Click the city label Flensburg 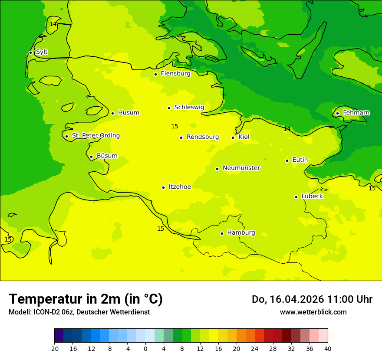pos(175,74)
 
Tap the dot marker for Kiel pos(233,137)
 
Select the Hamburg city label pos(241,233)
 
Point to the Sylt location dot pos(30,52)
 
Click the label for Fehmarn pos(356,113)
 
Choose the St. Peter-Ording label pos(95,136)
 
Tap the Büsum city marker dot pos(91,157)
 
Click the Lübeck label pos(312,196)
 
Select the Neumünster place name pos(241,168)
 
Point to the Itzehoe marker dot pos(163,187)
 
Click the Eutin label pos(300,160)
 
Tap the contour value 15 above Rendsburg pos(175,127)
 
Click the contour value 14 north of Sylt pos(53,24)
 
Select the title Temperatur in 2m pos(86,299)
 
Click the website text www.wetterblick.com pos(313,312)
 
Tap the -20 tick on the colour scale pos(54,349)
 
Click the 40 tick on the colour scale pos(328,349)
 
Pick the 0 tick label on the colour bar pos(145,349)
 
